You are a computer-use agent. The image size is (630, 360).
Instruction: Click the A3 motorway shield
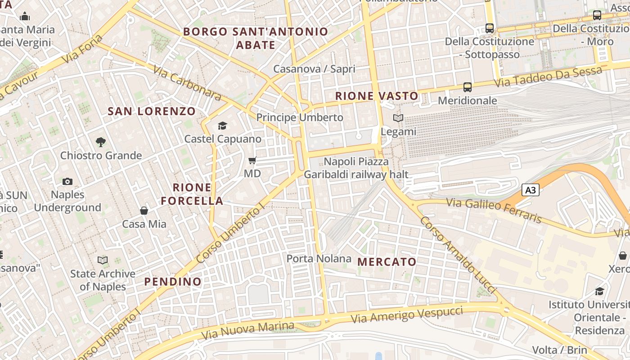531,190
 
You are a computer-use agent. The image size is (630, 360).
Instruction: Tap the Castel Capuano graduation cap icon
222,126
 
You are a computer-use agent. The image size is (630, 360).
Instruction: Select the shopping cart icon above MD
252,160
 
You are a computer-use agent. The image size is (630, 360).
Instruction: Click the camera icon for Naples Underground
67,181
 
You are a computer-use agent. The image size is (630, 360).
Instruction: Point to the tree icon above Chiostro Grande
101,142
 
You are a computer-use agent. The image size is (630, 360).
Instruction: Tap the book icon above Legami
398,118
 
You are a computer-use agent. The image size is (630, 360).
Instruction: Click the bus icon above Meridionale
468,87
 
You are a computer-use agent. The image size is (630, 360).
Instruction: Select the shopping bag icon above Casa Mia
144,210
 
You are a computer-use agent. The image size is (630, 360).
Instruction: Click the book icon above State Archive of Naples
103,260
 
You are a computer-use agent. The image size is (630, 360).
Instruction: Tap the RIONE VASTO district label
377,96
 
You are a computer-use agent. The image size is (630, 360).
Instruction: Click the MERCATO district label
387,261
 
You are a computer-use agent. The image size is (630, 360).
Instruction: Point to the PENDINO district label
173,282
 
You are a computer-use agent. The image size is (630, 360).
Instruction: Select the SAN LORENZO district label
152,111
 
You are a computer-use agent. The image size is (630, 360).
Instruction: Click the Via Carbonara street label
187,83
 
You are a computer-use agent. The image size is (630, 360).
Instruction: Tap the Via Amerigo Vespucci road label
407,315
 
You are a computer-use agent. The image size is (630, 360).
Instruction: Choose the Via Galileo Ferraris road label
494,210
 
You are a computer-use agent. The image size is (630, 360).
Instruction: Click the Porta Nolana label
319,258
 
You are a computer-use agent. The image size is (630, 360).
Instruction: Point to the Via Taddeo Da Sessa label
548,77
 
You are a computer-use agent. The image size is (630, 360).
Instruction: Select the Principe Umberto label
300,117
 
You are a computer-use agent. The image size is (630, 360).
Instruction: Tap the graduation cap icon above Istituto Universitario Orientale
599,291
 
